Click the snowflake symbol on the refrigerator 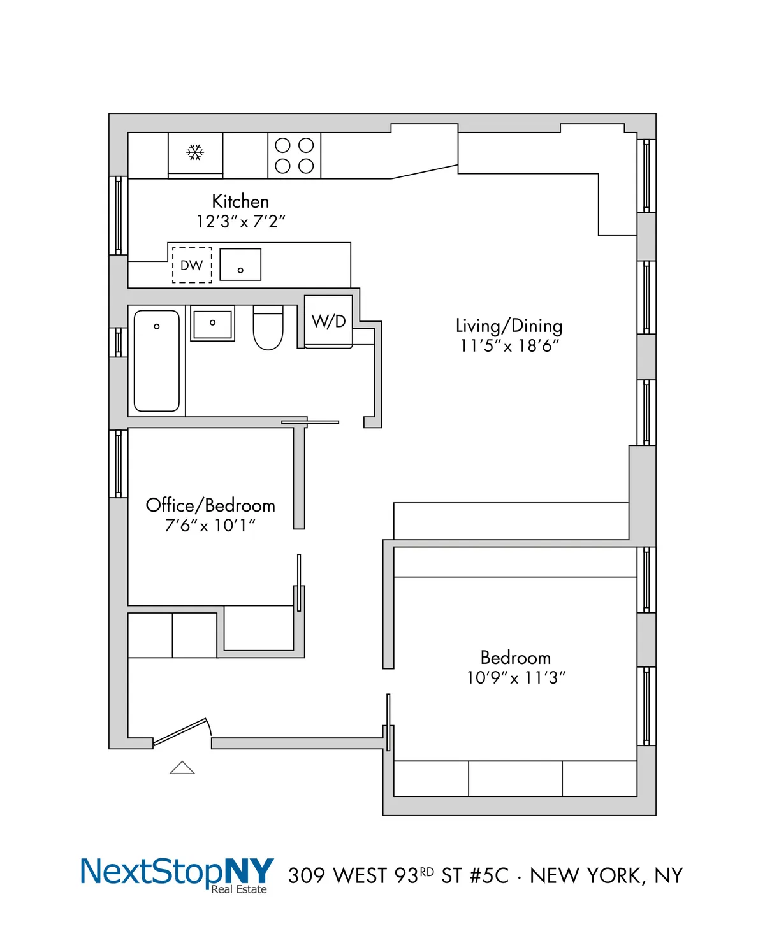coord(195,152)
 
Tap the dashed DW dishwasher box coord(192,265)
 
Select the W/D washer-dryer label coord(329,321)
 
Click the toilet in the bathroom coord(268,329)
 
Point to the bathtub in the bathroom coord(157,361)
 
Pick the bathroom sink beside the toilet coord(213,323)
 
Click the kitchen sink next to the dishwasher coord(240,264)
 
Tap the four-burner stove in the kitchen coord(295,155)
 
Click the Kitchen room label coord(240,201)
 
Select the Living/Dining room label coord(509,326)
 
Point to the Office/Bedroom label coord(210,505)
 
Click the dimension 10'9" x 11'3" coord(516,677)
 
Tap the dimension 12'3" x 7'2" coord(240,222)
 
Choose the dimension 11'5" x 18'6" coord(509,346)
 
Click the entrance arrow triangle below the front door coord(182,768)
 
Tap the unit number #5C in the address coord(489,876)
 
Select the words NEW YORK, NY coord(606,876)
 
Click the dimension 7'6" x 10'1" coord(210,526)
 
